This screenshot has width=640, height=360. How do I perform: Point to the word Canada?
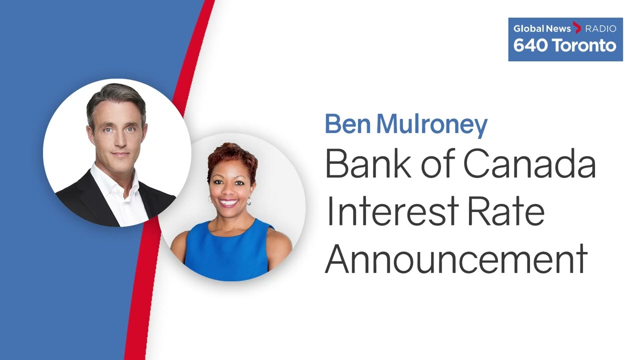point(529,163)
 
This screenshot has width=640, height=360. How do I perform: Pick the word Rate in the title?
point(505,211)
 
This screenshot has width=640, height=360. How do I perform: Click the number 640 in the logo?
point(529,45)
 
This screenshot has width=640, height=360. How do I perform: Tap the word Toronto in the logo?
point(583,45)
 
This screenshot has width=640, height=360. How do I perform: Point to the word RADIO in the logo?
point(601,28)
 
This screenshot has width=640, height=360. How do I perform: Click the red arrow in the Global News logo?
point(577,28)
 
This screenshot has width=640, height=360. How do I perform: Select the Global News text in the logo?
point(542,28)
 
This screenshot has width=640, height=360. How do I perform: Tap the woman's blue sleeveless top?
point(227,248)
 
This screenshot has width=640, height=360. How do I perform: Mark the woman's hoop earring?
point(249,201)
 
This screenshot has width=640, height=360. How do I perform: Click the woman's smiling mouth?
point(228,202)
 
